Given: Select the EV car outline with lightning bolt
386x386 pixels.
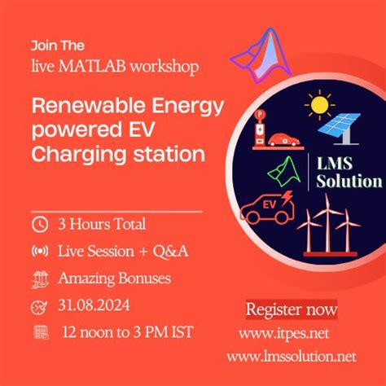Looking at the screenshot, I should click(x=267, y=206).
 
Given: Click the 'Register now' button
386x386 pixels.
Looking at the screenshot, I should click(x=291, y=309).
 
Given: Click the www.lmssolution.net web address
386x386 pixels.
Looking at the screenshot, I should click(x=292, y=356).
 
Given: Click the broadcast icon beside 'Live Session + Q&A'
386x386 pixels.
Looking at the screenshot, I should click(x=39, y=252).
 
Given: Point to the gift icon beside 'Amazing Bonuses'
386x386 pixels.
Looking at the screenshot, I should click(x=39, y=279).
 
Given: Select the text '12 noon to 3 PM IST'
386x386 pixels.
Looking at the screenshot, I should click(x=128, y=332).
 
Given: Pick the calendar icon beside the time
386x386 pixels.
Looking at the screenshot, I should click(x=39, y=332).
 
